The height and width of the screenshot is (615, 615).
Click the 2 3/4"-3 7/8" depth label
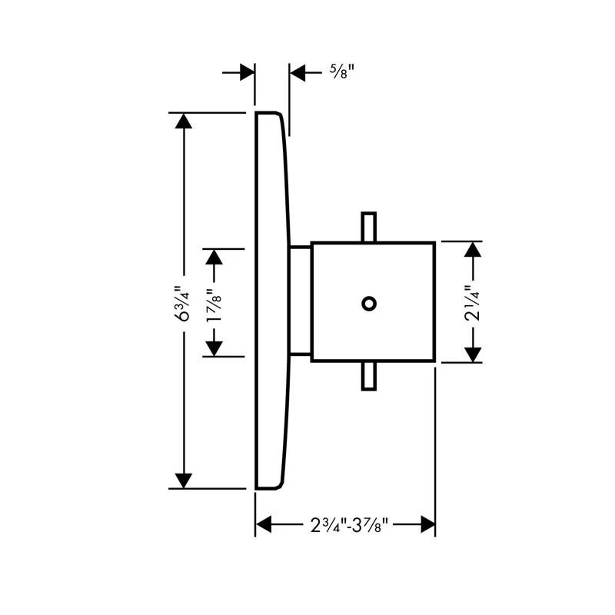[345, 525]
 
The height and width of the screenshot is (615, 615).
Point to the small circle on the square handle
[369, 303]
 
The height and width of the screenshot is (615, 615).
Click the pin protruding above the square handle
[369, 227]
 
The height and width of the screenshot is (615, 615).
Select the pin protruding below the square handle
[369, 377]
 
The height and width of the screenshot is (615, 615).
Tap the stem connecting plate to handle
[300, 302]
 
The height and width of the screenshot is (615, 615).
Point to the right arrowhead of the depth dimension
[427, 525]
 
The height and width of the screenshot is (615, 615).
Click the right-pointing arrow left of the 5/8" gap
[246, 72]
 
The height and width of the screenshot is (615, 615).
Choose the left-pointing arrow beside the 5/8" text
[299, 73]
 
